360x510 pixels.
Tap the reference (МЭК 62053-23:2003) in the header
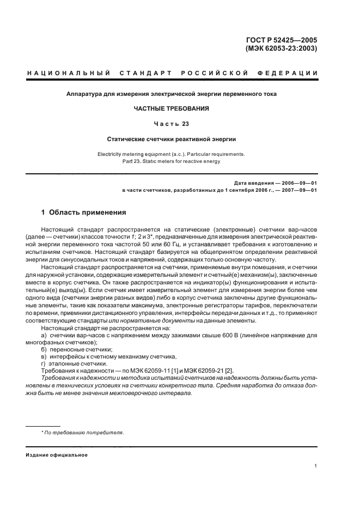pos(282,48)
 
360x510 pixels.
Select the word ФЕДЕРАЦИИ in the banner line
pos(290,73)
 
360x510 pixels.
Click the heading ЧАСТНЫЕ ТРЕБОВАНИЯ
pos(172,108)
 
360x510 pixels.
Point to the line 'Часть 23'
pos(171,123)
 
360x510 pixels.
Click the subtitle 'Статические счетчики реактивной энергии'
pos(172,139)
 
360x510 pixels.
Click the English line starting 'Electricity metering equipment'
pos(172,154)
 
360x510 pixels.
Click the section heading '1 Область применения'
pos(84,212)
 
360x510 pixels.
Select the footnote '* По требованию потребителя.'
pos(83,432)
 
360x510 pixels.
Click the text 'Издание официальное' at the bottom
pos(56,454)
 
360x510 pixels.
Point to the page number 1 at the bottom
pos(316,466)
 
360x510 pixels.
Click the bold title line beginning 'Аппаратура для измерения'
pos(172,94)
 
